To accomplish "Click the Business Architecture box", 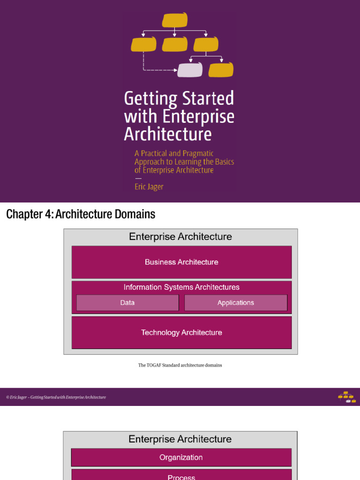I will (181, 262).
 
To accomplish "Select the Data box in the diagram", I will (127, 303).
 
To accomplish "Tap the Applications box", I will (235, 303).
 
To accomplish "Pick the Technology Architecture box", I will (181, 332).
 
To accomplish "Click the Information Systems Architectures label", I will (181, 287).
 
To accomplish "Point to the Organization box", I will (181, 457).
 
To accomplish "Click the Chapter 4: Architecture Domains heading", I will (80, 215).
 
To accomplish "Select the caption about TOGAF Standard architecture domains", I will (180, 365).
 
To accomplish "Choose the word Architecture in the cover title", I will (168, 135).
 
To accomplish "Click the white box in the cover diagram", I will (190, 70).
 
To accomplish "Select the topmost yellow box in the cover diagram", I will (175, 20).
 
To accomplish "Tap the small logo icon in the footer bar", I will (347, 397).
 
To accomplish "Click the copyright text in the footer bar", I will (56, 397).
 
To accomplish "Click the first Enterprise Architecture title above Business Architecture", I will (180, 237).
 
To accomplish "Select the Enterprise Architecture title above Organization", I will (180, 439).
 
